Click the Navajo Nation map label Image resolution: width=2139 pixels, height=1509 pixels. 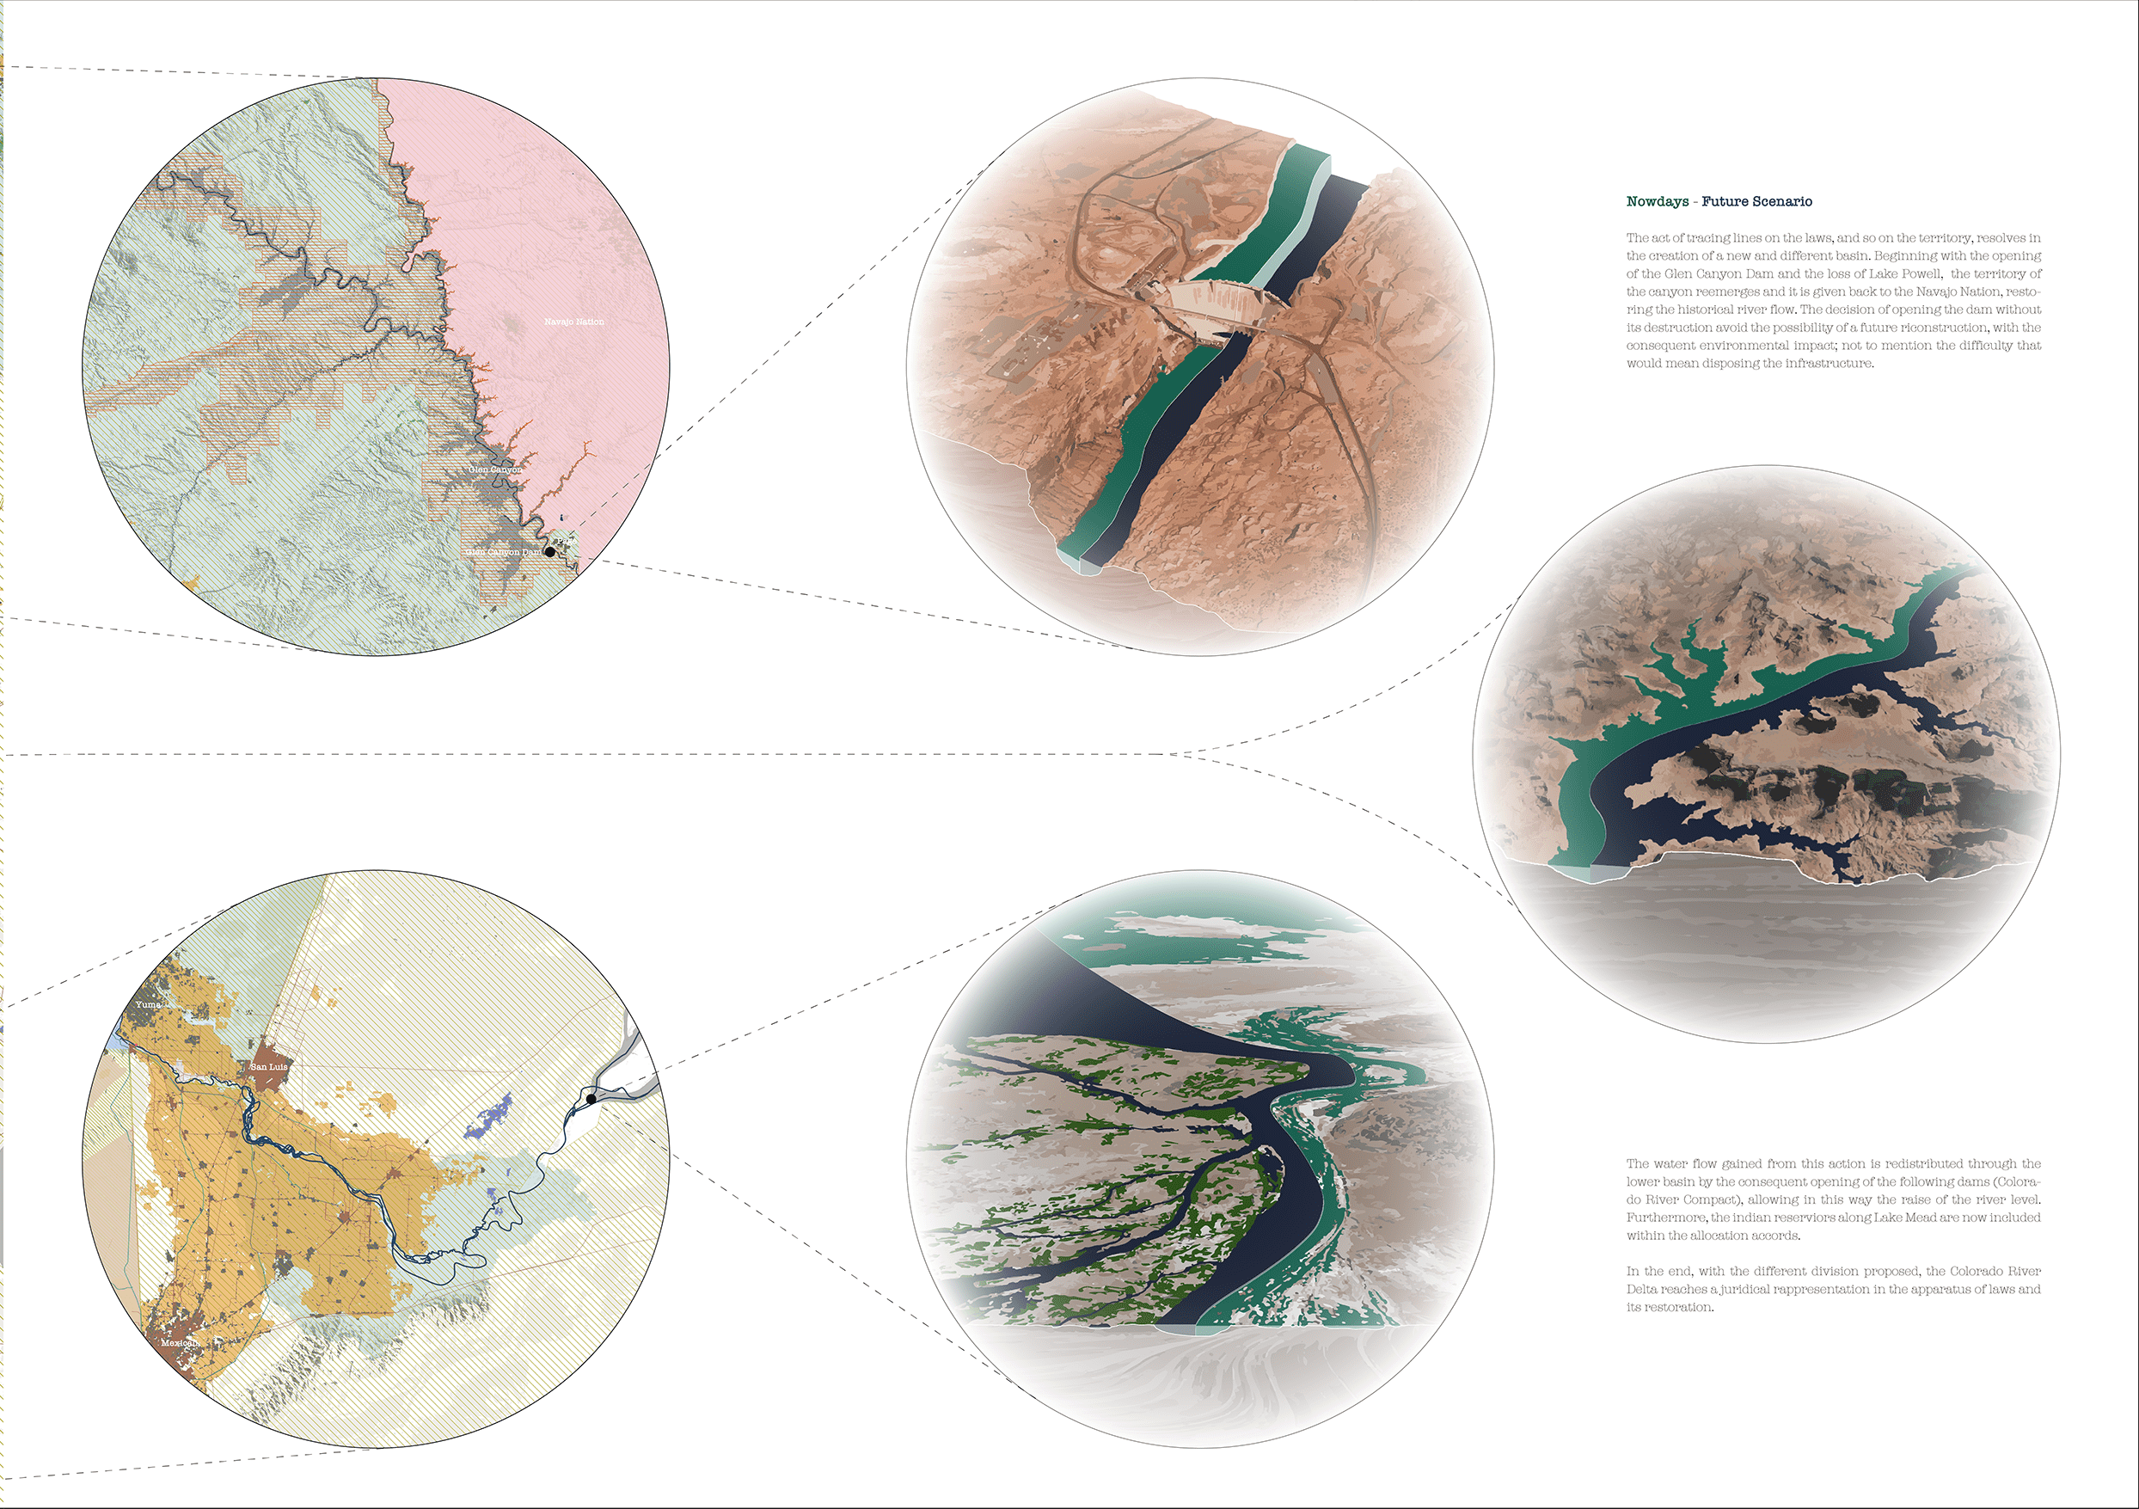click(574, 322)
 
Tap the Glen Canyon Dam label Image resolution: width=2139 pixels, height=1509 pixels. click(504, 552)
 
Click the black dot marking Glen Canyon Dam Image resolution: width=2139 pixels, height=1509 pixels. click(550, 551)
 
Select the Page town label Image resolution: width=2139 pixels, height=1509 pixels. click(561, 539)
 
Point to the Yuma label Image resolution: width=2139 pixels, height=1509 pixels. click(148, 1005)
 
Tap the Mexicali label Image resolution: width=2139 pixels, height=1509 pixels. click(180, 1343)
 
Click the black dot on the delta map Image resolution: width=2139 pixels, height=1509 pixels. click(591, 1099)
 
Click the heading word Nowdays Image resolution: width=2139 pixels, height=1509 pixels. click(1658, 202)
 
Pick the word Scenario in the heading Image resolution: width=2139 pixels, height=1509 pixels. click(1782, 202)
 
